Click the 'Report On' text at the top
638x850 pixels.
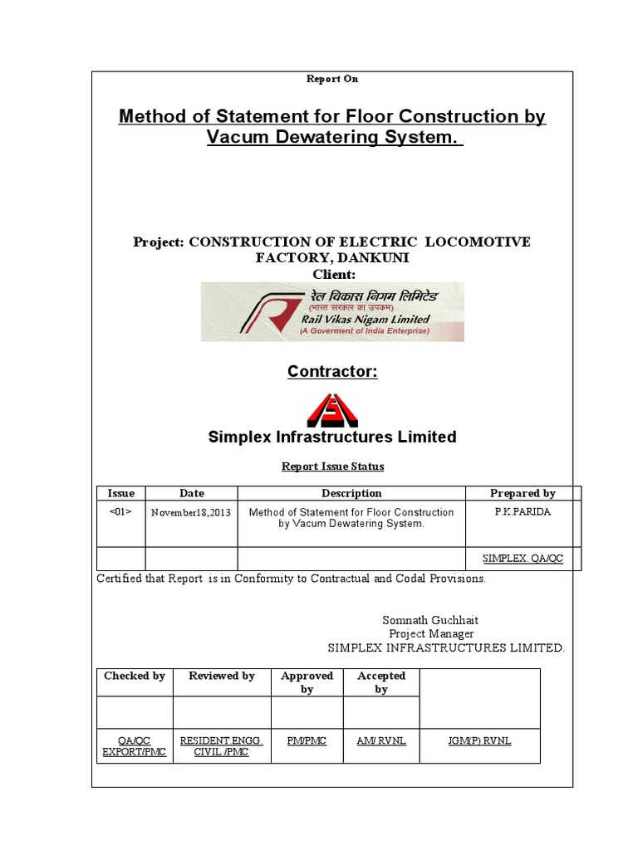point(332,79)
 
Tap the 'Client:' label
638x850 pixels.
point(333,274)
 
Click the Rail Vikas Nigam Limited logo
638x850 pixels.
point(332,312)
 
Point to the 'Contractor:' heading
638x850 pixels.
point(332,372)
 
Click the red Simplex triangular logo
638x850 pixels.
point(332,410)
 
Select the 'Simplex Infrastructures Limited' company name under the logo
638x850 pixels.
point(332,437)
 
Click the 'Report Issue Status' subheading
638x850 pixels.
point(332,467)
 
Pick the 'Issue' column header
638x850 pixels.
point(121,493)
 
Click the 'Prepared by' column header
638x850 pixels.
point(523,493)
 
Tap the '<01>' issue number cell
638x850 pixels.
point(121,512)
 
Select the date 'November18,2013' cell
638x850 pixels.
point(191,513)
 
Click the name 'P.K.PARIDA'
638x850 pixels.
point(523,512)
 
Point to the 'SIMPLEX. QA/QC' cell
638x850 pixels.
point(523,559)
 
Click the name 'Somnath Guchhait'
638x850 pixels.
point(430,620)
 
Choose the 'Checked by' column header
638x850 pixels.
point(135,676)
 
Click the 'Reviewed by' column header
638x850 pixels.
point(222,676)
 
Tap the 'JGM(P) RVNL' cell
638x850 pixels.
point(479,741)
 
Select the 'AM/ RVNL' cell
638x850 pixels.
point(381,741)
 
